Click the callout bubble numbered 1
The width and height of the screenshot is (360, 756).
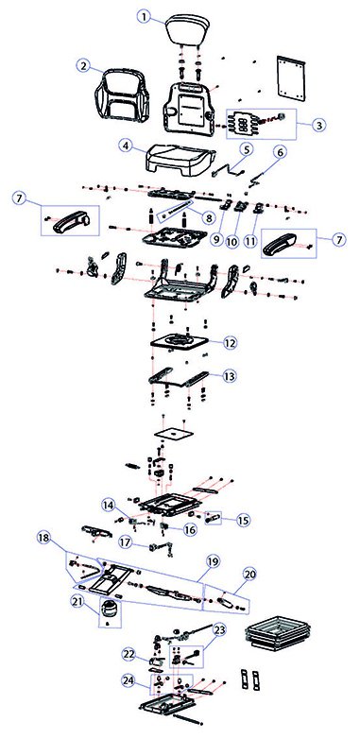(x=144, y=17)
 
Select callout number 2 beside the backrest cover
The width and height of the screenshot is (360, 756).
(x=84, y=66)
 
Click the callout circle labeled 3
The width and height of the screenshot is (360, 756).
(x=318, y=125)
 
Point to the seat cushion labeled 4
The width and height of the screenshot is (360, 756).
(x=180, y=161)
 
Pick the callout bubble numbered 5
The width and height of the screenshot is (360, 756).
(x=246, y=149)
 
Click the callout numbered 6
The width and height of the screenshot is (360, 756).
(x=280, y=152)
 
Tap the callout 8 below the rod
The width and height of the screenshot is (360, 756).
(x=208, y=218)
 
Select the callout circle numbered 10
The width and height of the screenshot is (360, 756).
(x=232, y=241)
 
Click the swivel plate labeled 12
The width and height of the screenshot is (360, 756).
(x=180, y=344)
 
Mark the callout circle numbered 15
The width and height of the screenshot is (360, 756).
(x=244, y=521)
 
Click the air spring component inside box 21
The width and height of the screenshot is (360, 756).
(x=111, y=610)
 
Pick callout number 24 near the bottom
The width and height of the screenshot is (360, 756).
(x=129, y=680)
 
